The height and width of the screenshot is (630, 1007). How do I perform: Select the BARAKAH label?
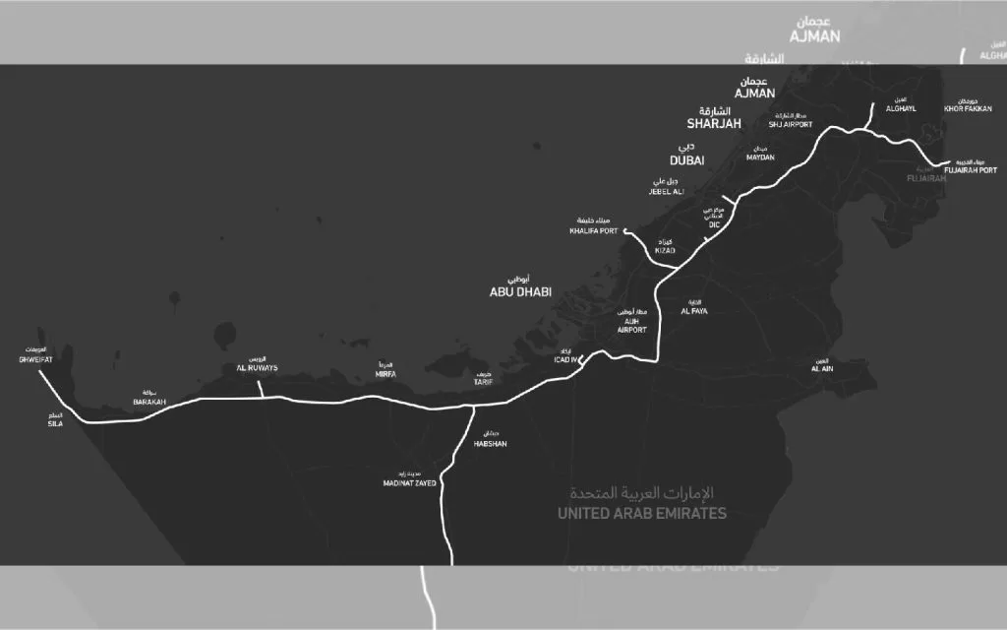[x=149, y=402]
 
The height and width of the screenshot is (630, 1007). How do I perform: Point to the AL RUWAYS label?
[x=257, y=368]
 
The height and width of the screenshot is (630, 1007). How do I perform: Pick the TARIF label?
[x=482, y=381]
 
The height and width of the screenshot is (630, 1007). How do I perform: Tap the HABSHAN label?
[x=490, y=444]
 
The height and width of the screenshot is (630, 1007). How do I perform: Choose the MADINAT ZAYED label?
[x=410, y=483]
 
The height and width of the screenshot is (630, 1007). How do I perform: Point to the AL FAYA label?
[x=694, y=311]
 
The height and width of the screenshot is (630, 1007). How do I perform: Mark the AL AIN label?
[x=822, y=368]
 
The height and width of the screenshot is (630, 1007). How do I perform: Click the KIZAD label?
[x=666, y=251]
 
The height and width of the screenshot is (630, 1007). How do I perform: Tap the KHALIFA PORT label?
[x=594, y=231]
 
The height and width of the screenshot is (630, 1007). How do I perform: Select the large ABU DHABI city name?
[x=520, y=292]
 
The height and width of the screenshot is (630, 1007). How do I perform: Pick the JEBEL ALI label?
[x=665, y=191]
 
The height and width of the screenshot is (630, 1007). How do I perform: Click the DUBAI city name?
[x=687, y=160]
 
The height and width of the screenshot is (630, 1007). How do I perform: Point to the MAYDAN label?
[x=760, y=157]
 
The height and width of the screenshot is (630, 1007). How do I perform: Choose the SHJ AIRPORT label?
[x=791, y=125]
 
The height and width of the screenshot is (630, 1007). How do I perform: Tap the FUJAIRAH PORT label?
[x=972, y=169]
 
